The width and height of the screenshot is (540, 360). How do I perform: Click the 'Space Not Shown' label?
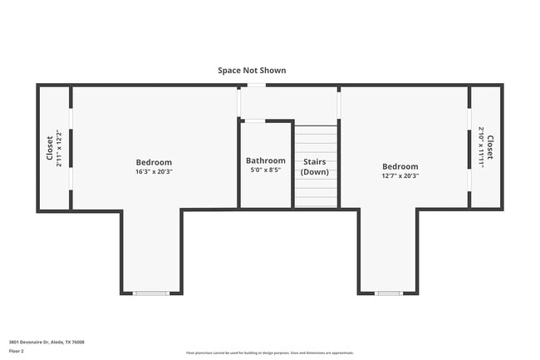252,71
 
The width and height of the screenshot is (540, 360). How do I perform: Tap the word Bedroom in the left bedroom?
154,162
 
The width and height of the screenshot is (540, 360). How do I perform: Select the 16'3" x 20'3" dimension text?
154,172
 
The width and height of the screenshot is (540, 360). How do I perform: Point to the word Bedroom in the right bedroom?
400,166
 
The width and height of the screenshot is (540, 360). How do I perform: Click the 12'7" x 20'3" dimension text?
400,176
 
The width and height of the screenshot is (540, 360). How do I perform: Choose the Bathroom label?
265,160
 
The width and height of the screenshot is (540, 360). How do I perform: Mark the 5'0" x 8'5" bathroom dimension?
265,170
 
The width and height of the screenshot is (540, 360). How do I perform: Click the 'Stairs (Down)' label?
315,166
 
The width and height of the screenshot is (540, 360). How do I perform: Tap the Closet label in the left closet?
49,148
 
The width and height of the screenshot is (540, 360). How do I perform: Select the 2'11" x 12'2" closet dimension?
59,148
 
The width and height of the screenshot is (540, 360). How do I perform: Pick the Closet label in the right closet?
490,147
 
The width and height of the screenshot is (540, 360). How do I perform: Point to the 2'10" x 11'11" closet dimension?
480,147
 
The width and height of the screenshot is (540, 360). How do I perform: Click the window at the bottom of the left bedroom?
151,293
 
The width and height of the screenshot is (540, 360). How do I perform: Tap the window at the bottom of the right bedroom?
388,293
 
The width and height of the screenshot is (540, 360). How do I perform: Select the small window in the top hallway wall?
257,85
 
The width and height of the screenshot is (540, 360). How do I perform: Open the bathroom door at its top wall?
253,121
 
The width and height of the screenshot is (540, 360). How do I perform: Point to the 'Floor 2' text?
17,352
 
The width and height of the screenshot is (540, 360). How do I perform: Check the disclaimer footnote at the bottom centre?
270,353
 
